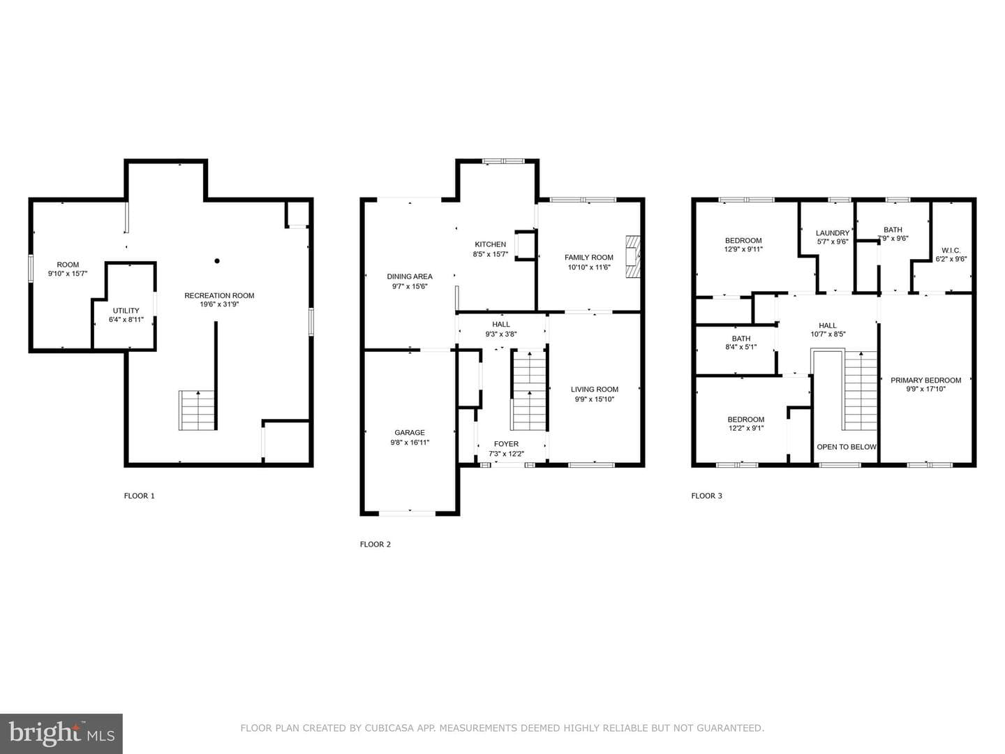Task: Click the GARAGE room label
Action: pos(409,433)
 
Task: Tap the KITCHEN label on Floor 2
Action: pos(491,244)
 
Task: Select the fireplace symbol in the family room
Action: pos(633,256)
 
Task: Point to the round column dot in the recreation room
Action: pos(217,261)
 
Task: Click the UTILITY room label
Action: pos(126,311)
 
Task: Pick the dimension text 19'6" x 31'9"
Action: pos(219,304)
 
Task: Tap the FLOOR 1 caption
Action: pos(139,496)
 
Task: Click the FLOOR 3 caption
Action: pos(706,496)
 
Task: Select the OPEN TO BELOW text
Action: pos(847,447)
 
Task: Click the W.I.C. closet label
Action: pos(951,251)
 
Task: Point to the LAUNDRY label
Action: pos(833,233)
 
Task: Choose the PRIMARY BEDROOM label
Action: pos(926,380)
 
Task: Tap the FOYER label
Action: pos(506,444)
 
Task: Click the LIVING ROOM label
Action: pos(595,390)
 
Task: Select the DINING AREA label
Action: pos(409,276)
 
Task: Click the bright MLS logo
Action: pos(61,733)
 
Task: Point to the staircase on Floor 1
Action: pos(198,411)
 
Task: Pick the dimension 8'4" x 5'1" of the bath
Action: pos(740,347)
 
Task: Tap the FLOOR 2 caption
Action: pos(375,545)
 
